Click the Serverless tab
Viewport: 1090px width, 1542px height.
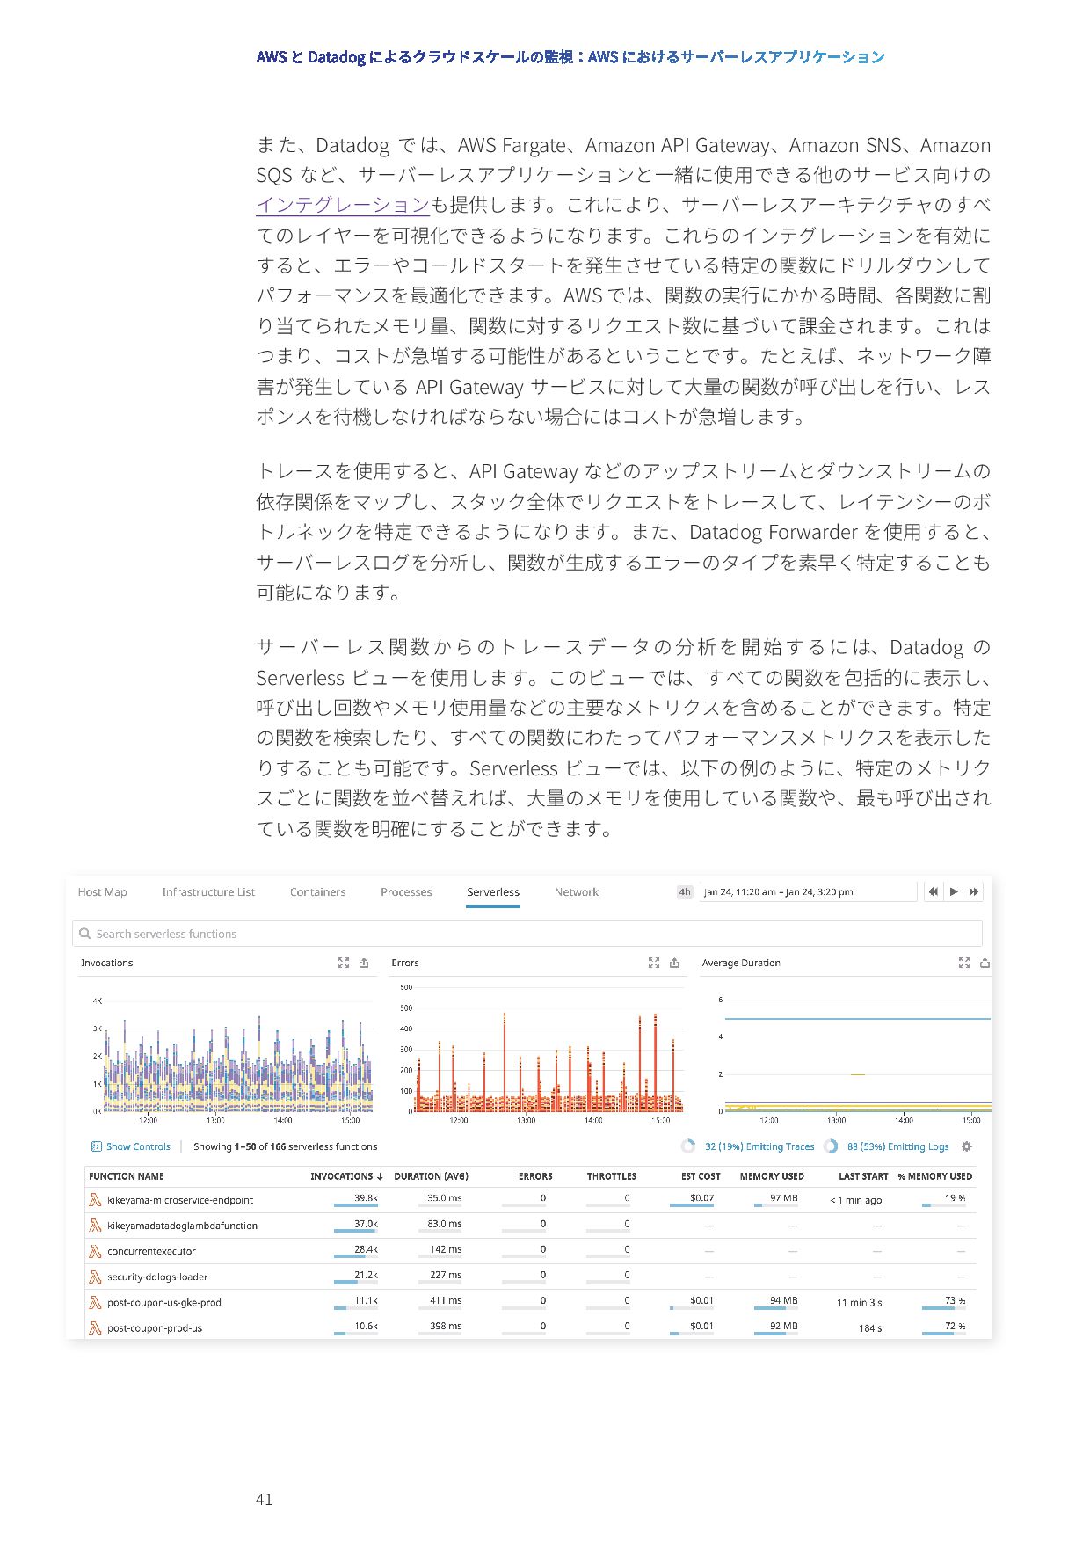tap(492, 891)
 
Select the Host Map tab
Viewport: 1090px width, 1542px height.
tap(102, 891)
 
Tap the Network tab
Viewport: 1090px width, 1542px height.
tap(576, 891)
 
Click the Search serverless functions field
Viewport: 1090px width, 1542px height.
tap(527, 934)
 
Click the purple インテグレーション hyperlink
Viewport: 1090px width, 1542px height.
tap(343, 205)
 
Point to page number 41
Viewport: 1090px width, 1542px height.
tap(264, 1500)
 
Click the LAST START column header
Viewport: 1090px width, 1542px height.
tap(862, 1176)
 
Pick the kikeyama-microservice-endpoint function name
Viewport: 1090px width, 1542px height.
tap(180, 1200)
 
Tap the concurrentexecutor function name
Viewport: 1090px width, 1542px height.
tap(151, 1251)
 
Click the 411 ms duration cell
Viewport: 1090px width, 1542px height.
tap(446, 1300)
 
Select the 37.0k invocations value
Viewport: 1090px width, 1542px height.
tap(366, 1224)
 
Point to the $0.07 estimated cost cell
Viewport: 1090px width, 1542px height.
tap(701, 1198)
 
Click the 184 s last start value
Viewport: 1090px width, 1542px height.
tap(869, 1327)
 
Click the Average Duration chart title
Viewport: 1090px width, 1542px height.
tap(740, 963)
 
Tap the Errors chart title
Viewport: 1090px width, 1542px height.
tap(405, 963)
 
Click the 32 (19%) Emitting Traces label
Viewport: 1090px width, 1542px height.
tap(759, 1146)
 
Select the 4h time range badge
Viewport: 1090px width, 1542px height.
tap(685, 891)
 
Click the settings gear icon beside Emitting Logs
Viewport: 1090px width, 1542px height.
tap(967, 1146)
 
